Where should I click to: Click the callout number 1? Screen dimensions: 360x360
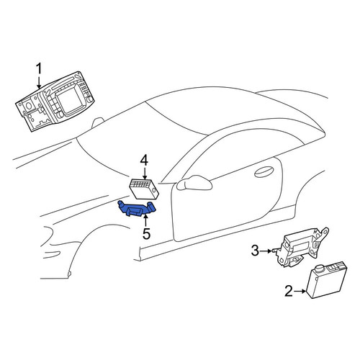(x=39, y=69)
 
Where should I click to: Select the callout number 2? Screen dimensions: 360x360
(x=289, y=291)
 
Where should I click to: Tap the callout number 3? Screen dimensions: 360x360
(x=255, y=251)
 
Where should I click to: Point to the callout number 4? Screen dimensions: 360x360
(x=144, y=161)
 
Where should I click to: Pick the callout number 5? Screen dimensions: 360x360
(x=146, y=233)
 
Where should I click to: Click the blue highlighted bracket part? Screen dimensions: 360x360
(x=137, y=209)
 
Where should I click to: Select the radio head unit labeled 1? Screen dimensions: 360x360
(x=55, y=101)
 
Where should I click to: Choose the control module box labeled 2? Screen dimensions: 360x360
(x=327, y=279)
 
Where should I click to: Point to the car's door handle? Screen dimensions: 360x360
(x=264, y=171)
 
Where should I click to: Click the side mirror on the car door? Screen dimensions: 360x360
(x=194, y=183)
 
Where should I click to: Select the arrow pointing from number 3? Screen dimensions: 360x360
(x=266, y=251)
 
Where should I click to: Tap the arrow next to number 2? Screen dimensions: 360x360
(x=300, y=292)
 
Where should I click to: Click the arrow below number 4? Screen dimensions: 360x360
(x=144, y=174)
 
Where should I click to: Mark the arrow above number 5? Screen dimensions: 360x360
(x=145, y=221)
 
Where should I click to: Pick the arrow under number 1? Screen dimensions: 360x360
(x=39, y=83)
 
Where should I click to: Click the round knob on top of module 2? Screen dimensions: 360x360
(x=321, y=268)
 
